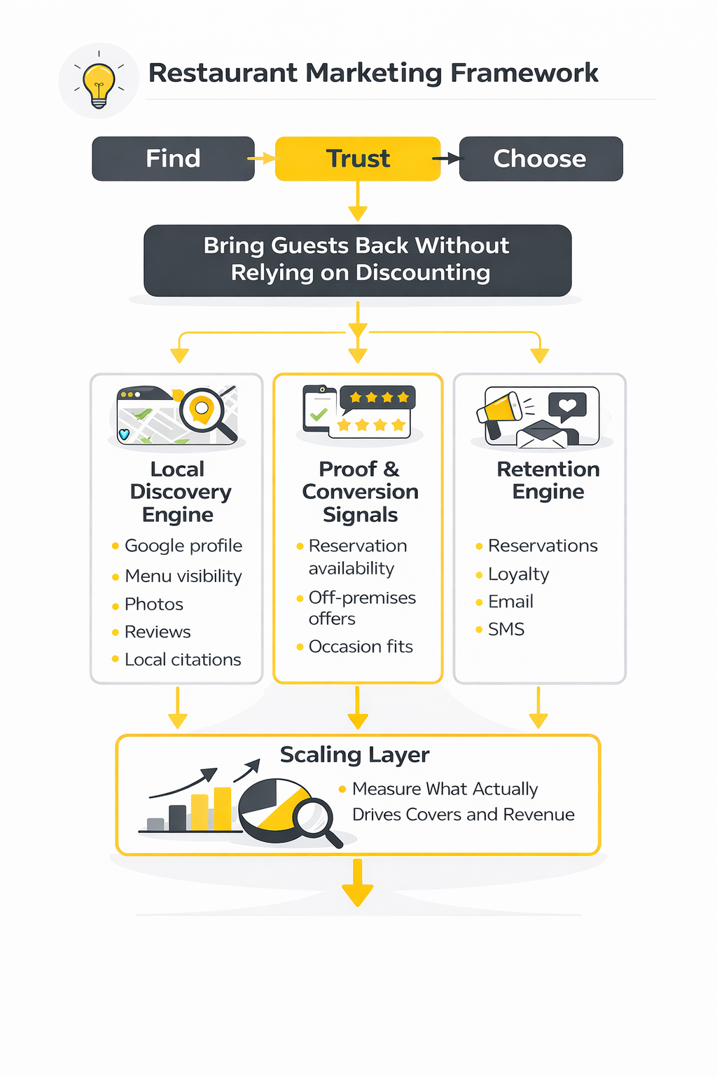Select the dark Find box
173,159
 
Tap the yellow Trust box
358,159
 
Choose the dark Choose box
540,159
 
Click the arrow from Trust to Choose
448,159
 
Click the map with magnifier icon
178,415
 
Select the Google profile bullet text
183,546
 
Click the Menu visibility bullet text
183,576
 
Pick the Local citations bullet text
182,660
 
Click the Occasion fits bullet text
361,647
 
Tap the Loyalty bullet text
518,574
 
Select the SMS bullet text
506,629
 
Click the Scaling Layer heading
354,754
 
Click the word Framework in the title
524,73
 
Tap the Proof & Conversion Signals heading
360,492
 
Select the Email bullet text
510,602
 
